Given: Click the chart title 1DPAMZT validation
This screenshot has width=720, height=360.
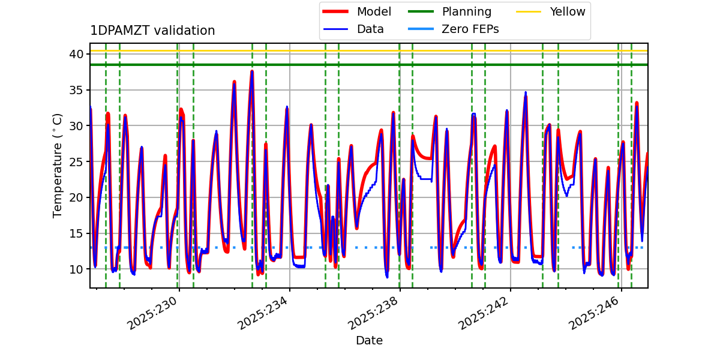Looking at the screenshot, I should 152,31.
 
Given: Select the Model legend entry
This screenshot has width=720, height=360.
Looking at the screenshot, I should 374,11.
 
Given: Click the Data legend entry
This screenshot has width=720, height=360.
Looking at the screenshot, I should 370,29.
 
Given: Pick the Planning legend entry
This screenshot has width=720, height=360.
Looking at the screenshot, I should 466,11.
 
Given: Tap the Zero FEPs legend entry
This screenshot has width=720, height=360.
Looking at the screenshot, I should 470,29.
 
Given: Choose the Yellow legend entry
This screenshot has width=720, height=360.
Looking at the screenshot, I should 567,11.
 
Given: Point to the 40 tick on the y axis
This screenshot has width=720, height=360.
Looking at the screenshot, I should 76,54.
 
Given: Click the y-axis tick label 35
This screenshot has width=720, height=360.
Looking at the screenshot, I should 76,90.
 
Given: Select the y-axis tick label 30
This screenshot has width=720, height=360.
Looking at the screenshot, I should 76,125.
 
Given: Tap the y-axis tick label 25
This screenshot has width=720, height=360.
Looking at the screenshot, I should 76,161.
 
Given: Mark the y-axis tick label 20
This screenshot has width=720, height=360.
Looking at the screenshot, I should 76,197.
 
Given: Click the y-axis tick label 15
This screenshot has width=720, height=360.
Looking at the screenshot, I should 76,233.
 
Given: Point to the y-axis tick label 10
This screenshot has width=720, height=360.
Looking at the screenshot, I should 76,269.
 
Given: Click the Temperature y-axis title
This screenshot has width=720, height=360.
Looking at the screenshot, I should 58,165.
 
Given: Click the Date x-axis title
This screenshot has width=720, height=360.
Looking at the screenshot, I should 369,341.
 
